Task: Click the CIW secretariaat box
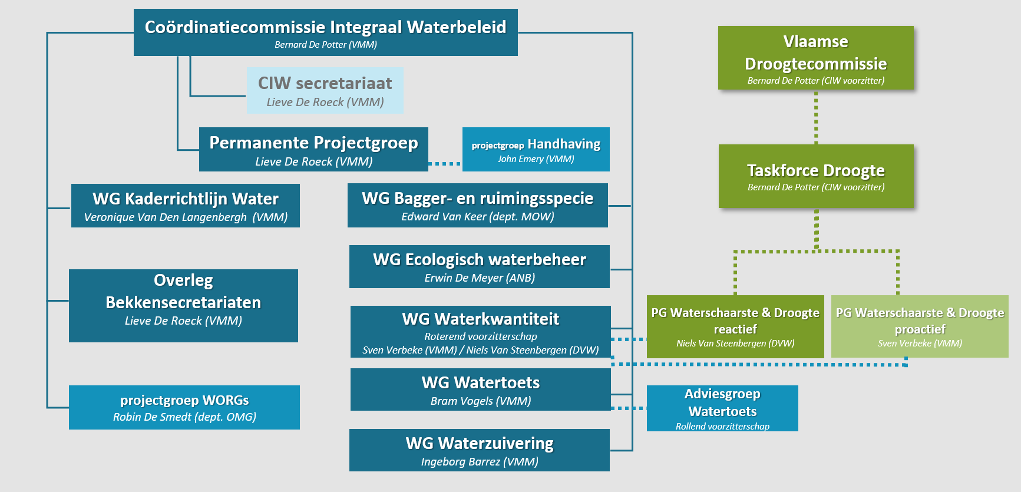(325, 90)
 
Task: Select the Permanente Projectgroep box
(313, 150)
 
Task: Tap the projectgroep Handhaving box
(536, 150)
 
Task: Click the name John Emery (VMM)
(536, 159)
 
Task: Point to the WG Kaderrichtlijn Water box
(185, 206)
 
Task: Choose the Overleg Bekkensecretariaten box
(183, 305)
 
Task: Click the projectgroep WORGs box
(184, 407)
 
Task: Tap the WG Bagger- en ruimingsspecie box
(477, 205)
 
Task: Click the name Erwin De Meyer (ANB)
(480, 278)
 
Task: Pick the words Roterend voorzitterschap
(480, 337)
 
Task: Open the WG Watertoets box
(480, 389)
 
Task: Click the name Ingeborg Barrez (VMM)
(480, 462)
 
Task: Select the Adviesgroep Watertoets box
(722, 408)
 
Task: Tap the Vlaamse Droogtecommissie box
(815, 58)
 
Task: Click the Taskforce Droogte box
(815, 176)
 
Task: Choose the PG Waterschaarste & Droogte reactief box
(735, 326)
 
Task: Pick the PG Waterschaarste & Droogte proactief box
(920, 326)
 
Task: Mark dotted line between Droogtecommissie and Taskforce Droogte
(816, 117)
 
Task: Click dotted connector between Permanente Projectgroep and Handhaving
(445, 163)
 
